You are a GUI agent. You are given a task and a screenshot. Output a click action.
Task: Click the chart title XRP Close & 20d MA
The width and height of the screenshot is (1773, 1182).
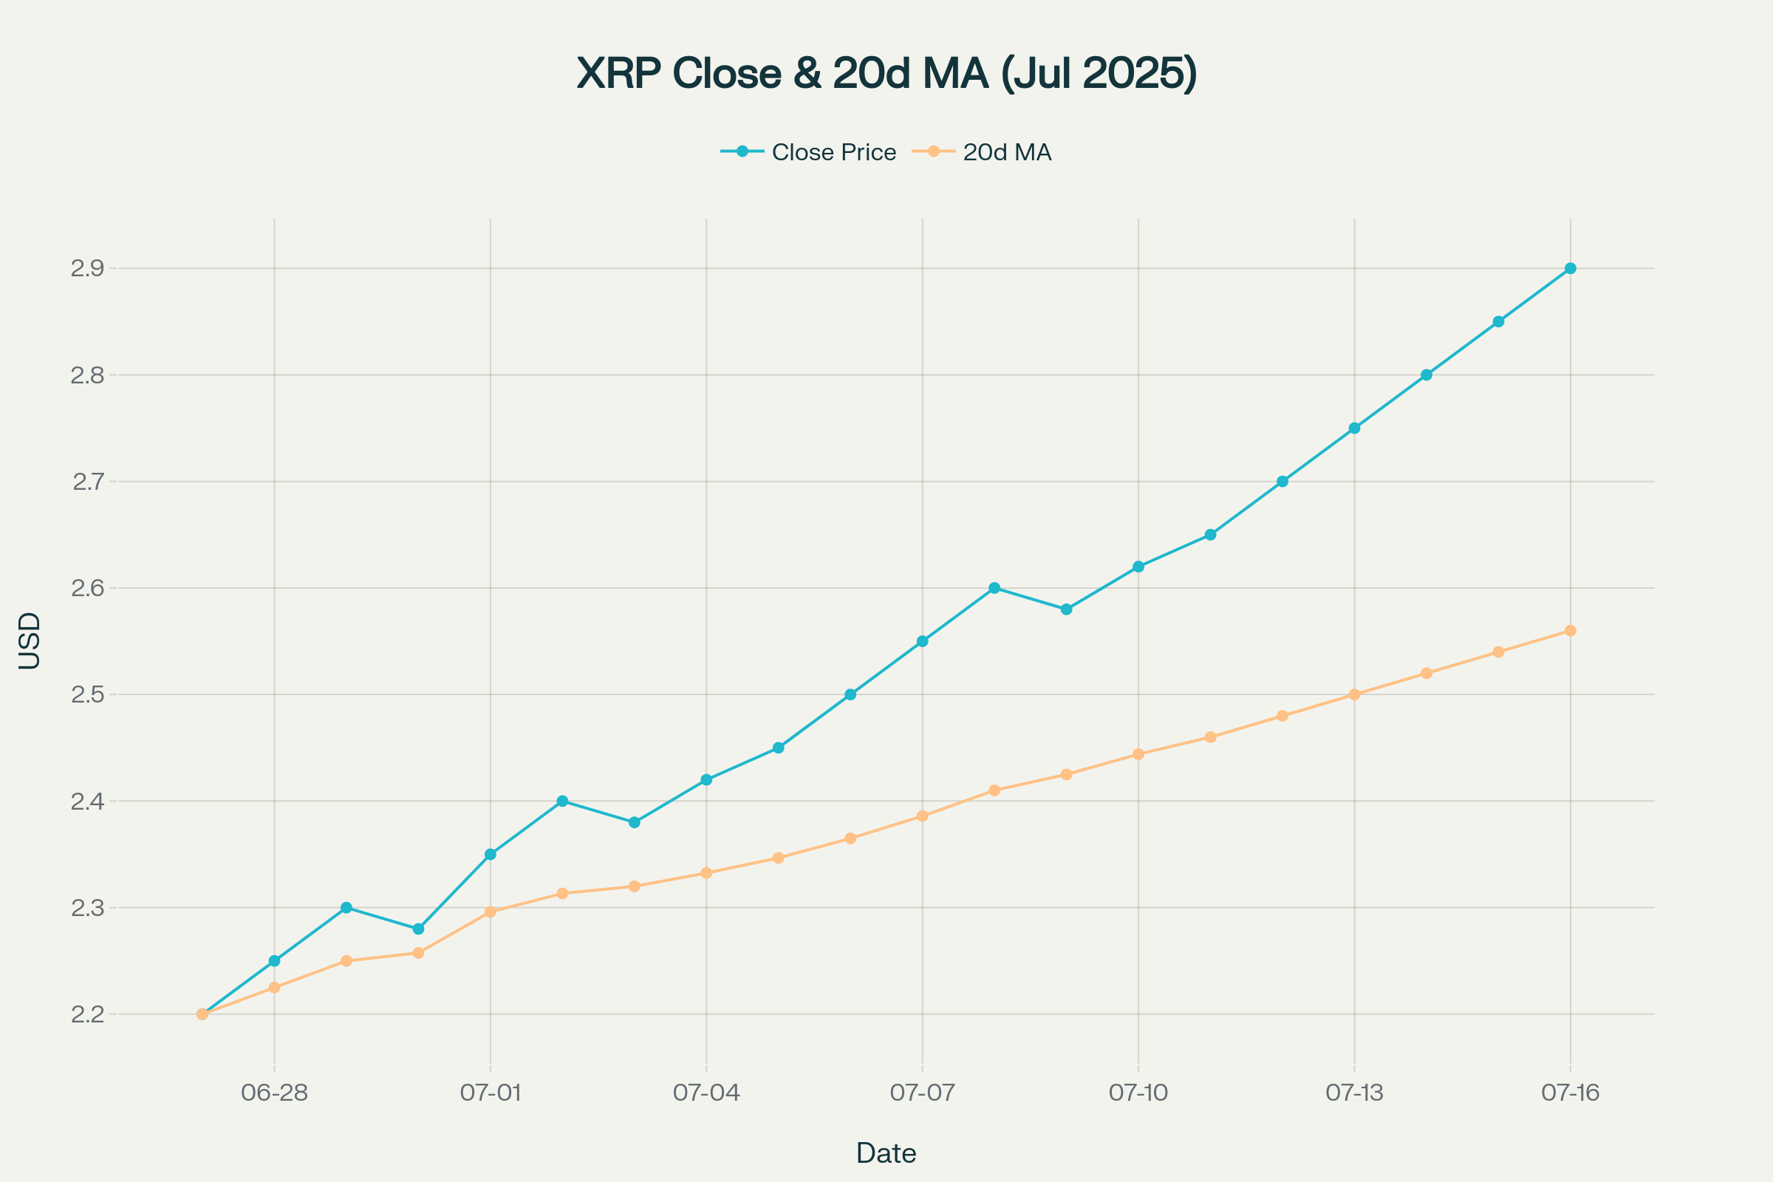[x=886, y=74]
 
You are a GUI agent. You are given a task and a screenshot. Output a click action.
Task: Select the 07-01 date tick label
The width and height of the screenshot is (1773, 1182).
[x=491, y=1093]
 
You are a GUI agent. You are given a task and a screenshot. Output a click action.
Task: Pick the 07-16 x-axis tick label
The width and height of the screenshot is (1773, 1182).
[x=1571, y=1093]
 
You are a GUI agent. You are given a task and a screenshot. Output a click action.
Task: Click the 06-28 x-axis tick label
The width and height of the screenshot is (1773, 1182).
[x=274, y=1093]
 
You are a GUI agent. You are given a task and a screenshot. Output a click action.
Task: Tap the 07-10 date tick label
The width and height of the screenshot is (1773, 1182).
[x=1138, y=1093]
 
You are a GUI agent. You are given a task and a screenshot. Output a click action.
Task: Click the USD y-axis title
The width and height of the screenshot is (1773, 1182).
[x=30, y=640]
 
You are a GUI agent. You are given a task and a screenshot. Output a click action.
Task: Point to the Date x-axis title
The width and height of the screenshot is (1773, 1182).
[x=886, y=1153]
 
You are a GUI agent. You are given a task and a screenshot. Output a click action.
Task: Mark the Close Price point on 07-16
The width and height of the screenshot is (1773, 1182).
[x=1571, y=268]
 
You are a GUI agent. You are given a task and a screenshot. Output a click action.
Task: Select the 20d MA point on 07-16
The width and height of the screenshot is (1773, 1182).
[x=1571, y=630]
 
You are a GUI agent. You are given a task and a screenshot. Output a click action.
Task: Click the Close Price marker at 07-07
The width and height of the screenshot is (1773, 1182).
[x=922, y=641]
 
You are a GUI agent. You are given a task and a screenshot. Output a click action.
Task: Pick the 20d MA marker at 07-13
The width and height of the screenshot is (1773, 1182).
[x=1355, y=694]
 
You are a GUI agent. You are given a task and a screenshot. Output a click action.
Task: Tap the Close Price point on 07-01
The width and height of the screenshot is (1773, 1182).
[x=491, y=854]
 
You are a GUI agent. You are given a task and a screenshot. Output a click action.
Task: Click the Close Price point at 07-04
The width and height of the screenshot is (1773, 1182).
[x=706, y=779]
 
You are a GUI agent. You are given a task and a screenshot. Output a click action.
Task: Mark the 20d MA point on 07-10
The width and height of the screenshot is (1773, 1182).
[x=1138, y=754]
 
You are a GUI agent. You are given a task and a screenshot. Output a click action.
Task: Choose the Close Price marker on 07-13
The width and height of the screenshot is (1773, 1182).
[x=1355, y=428]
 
